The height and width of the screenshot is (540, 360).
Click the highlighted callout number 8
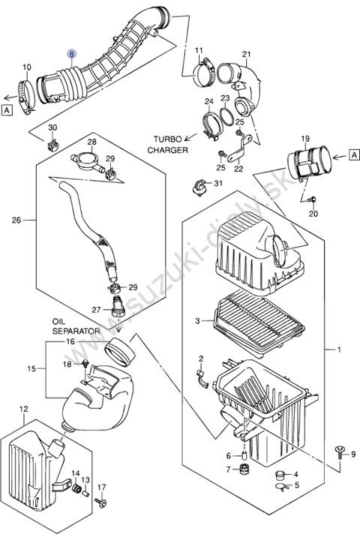tap(72, 54)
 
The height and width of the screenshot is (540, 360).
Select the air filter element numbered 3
tap(259, 321)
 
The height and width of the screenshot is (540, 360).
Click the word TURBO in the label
tap(167, 139)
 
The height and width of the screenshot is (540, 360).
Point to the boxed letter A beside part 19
tap(354, 155)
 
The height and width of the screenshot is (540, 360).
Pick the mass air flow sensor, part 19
tap(309, 162)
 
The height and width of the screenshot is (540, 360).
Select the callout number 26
tap(16, 220)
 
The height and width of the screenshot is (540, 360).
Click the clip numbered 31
tap(199, 187)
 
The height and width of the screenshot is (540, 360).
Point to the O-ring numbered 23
tap(225, 116)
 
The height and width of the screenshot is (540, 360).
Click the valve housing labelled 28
tap(88, 161)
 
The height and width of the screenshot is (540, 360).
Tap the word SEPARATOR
tap(76, 331)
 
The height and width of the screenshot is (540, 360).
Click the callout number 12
tap(24, 409)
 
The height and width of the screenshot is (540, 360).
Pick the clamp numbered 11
tap(205, 73)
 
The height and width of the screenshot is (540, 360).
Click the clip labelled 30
tap(52, 146)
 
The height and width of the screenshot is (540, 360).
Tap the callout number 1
tap(339, 349)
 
